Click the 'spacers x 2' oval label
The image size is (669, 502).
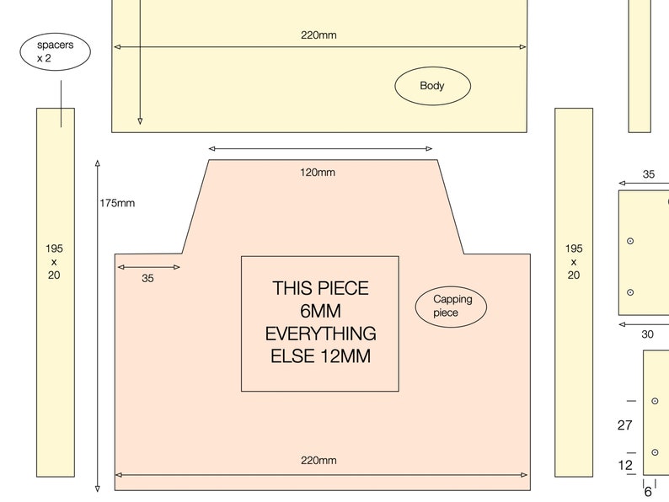coord(55,51)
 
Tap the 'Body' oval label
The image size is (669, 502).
coord(432,86)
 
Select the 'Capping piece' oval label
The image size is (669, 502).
coord(451,307)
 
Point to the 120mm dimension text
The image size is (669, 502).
coord(318,173)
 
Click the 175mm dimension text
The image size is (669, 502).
coord(117,203)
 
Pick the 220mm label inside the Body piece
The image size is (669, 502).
coord(318,35)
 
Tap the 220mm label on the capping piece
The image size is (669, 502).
coord(318,460)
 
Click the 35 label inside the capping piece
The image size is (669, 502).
coord(147,278)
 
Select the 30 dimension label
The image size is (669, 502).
coord(647,334)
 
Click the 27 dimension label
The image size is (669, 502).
coord(624,425)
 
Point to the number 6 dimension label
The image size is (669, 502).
coord(648,492)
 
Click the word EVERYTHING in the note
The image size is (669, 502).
coord(321,334)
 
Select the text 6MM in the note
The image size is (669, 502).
coord(320,311)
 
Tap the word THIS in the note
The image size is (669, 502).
coord(292,288)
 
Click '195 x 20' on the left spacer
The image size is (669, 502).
coord(54,261)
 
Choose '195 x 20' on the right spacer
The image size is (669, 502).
coord(574,261)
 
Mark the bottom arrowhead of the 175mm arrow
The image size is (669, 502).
coord(98,489)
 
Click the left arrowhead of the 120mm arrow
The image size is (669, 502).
coord(211,148)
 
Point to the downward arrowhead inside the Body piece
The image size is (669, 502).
coord(140,121)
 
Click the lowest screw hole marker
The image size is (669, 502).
coord(655,452)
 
